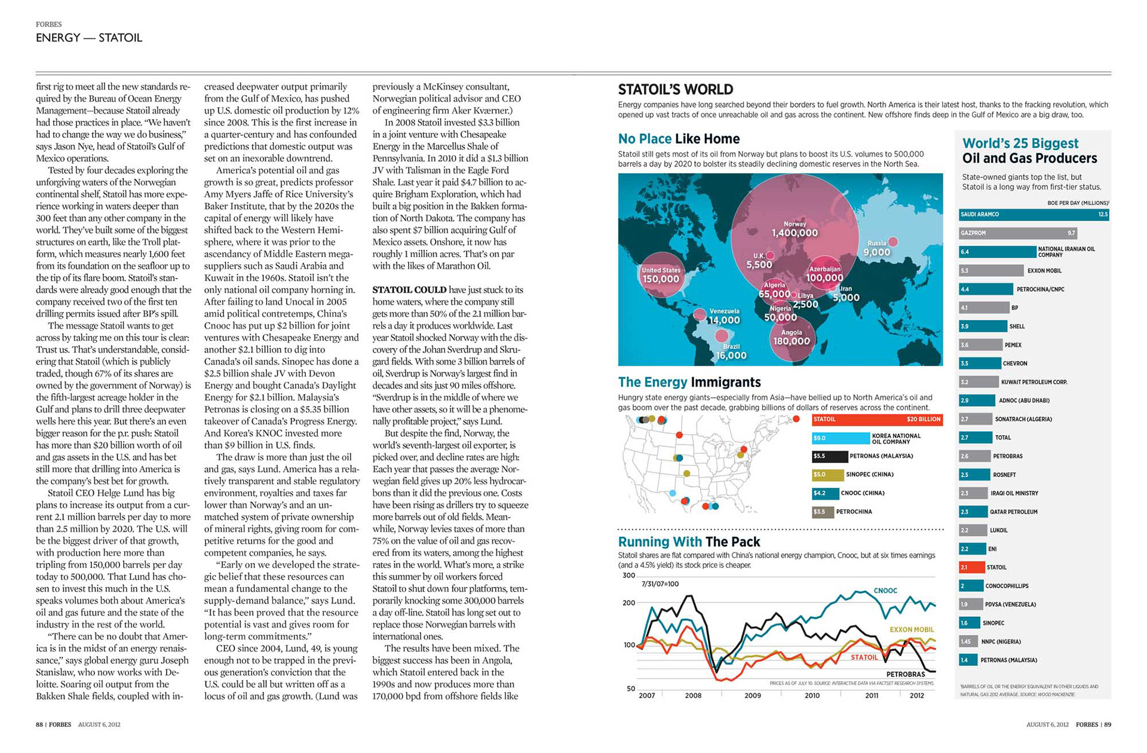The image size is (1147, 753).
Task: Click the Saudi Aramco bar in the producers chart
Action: [x=1033, y=215]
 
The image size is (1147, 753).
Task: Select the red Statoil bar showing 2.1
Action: [x=971, y=567]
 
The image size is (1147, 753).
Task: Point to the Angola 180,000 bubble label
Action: [x=792, y=338]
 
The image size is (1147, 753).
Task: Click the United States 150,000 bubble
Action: [x=661, y=276]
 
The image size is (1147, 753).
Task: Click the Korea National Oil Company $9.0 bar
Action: [x=840, y=438]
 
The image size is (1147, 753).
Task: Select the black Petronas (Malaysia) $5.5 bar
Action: [x=829, y=457]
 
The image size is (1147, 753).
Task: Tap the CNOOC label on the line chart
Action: [x=885, y=590]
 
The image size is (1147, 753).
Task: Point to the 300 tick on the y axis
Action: [x=628, y=576]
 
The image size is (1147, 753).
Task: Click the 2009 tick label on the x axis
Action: [x=753, y=696]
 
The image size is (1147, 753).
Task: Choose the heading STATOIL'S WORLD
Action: [x=675, y=90]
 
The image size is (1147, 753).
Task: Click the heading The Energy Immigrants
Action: [x=689, y=382]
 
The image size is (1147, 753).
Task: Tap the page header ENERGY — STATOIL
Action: [x=89, y=38]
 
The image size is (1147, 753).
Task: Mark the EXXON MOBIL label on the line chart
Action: [x=911, y=630]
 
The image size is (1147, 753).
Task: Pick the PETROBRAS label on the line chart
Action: [x=906, y=674]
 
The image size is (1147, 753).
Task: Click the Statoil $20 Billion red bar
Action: [x=877, y=420]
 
